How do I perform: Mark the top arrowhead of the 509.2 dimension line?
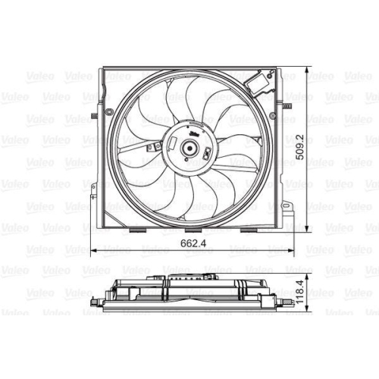tap(306, 69)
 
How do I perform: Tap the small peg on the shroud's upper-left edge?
tap(92, 116)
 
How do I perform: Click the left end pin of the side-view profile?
tap(93, 302)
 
